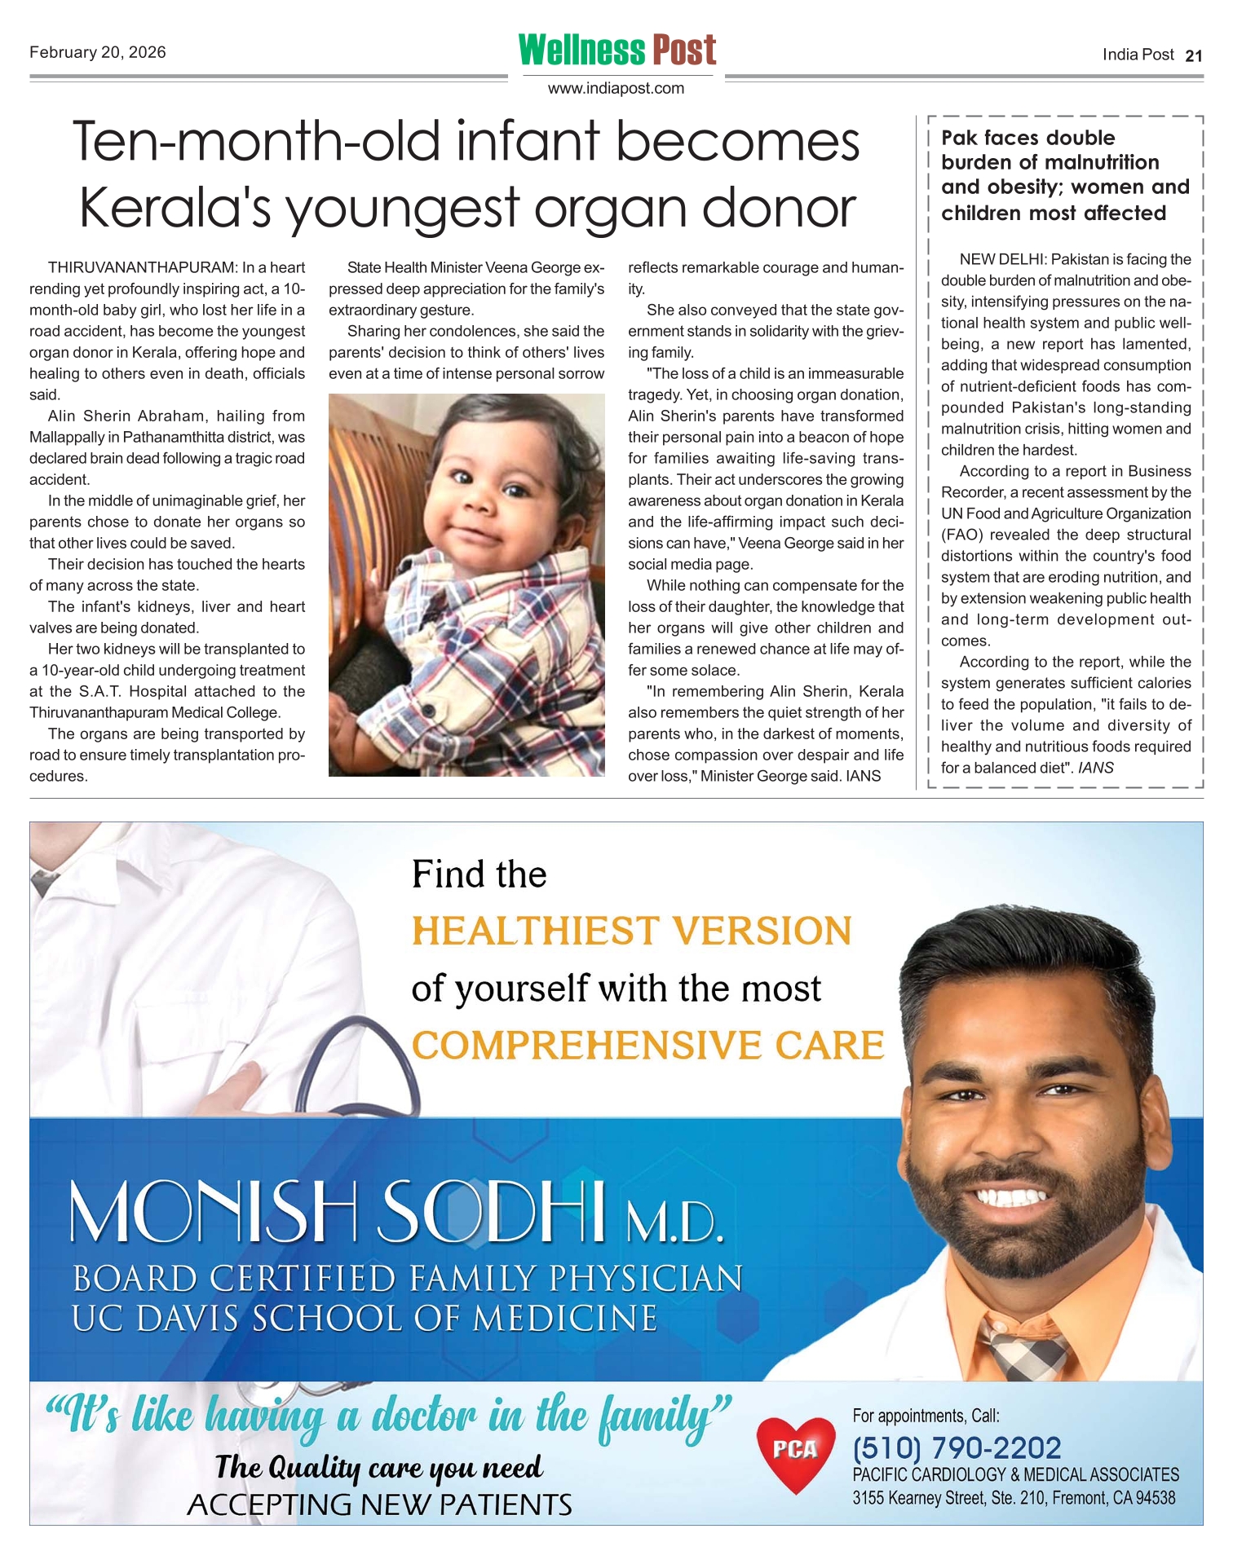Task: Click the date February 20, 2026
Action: [x=98, y=53]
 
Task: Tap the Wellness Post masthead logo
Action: [x=617, y=51]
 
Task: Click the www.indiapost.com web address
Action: [x=616, y=88]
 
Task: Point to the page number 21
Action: [x=1194, y=55]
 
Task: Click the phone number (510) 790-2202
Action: [x=957, y=1448]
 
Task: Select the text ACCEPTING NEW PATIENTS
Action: [x=379, y=1504]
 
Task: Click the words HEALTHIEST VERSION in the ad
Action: [x=631, y=931]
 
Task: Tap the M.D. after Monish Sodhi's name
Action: [x=674, y=1222]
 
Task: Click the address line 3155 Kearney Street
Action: [x=1014, y=1498]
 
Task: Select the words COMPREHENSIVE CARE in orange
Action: [x=647, y=1046]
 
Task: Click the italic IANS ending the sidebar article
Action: [x=1095, y=768]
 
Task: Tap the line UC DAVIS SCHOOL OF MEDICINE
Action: [x=365, y=1319]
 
